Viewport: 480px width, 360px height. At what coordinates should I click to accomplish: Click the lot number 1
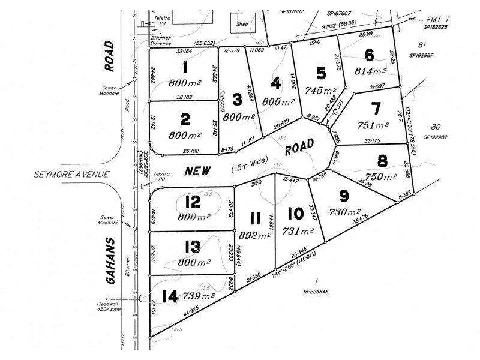[x=185, y=68]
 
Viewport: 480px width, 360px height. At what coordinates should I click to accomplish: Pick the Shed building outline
[x=242, y=25]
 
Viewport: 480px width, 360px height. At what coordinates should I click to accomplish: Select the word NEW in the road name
[x=197, y=171]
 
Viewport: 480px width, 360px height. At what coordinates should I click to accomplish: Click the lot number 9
[x=343, y=196]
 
